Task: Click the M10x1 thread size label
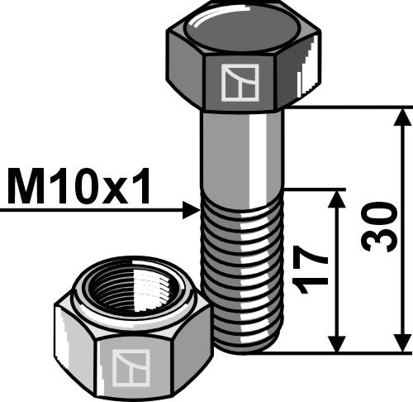pos(79,189)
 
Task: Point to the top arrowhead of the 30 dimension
pos(403,117)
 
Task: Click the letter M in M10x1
pos(25,189)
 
